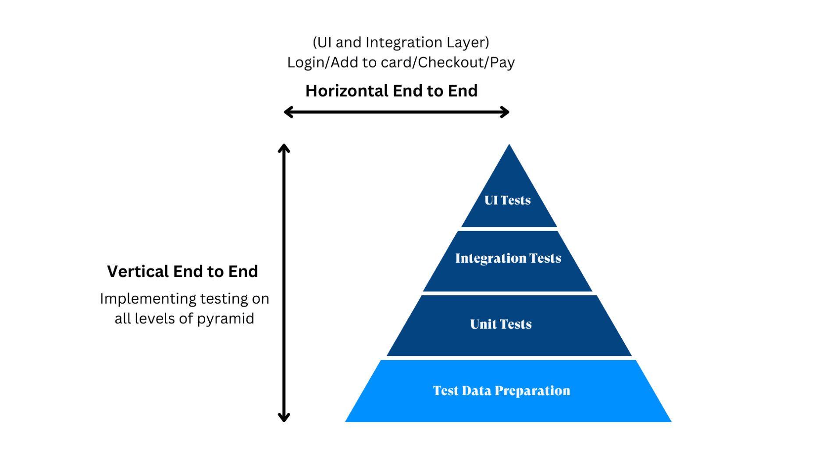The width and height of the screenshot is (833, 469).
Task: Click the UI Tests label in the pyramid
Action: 507,200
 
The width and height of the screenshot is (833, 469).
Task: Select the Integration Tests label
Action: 508,258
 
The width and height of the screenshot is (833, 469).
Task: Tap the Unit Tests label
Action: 501,324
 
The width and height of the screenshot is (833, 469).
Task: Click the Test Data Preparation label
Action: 502,390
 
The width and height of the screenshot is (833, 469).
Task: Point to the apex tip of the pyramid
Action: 509,146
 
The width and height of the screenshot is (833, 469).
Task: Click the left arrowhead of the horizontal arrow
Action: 288,112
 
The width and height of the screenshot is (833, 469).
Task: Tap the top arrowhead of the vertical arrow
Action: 284,148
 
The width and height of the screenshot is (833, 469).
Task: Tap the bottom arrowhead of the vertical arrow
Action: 284,418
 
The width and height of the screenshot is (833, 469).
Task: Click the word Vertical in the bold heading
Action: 138,272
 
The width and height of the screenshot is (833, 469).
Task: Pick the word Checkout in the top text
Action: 450,62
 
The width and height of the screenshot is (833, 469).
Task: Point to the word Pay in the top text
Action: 502,62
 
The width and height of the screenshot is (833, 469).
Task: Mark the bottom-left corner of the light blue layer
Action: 346,421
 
